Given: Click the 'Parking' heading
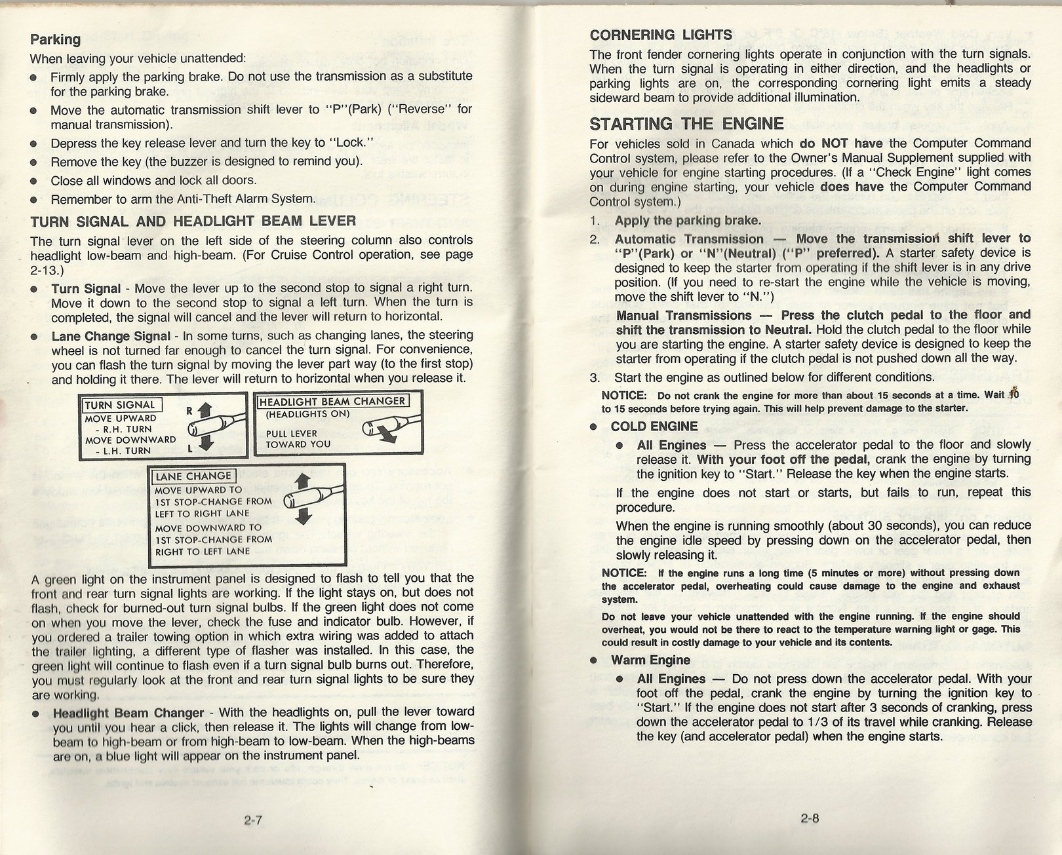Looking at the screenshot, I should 56,39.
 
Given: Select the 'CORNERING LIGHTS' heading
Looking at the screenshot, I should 661,35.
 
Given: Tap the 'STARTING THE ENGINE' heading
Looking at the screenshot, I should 686,124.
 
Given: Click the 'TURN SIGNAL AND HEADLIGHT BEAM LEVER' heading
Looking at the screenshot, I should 193,221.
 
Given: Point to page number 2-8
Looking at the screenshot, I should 810,818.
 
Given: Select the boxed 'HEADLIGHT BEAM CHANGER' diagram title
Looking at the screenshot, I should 332,402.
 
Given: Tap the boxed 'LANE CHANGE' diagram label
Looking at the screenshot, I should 193,476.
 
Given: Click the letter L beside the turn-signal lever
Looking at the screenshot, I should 190,448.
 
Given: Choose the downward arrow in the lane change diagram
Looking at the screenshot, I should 303,518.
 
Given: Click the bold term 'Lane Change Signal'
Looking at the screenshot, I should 111,336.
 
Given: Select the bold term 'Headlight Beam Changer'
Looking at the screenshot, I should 128,713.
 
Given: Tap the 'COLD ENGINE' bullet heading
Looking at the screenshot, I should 654,427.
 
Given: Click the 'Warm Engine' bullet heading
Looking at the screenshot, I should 650,660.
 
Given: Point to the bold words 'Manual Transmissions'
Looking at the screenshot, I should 684,315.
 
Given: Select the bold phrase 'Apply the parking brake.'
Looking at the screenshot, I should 688,220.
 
